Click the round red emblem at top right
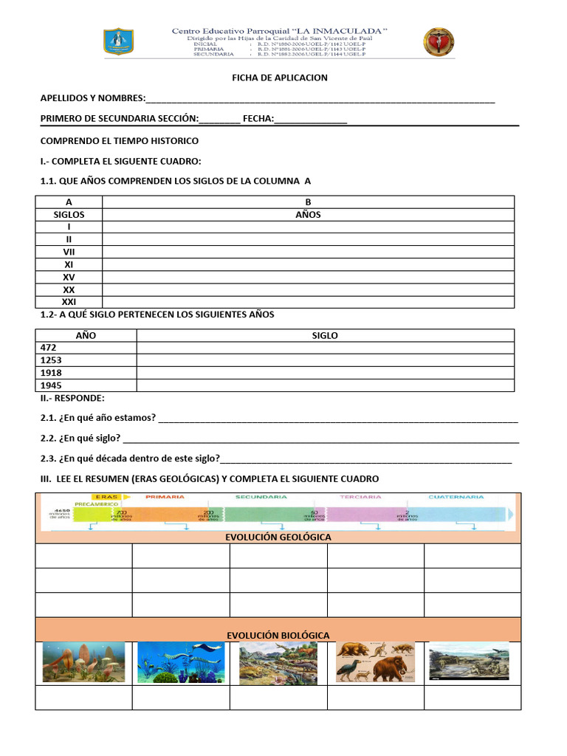439,42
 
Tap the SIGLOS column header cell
69,215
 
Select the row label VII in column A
69,252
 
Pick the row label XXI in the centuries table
69,302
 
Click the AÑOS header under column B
308,215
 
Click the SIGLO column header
325,335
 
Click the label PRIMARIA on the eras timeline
165,497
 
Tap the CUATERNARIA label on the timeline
456,497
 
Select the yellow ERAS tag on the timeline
106,497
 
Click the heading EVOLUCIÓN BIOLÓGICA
278,635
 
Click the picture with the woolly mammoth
375,661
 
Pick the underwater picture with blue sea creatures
180,661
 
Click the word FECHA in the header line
258,119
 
